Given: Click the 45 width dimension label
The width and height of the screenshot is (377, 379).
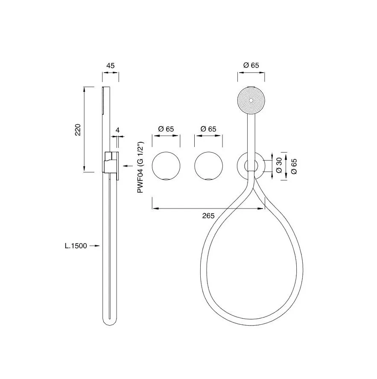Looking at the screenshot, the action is coord(111,65).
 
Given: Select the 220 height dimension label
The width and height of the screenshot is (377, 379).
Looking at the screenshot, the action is coord(78,129).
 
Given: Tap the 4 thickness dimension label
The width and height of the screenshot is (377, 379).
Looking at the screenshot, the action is coord(117,130).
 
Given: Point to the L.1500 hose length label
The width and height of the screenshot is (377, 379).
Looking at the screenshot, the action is coord(76,246).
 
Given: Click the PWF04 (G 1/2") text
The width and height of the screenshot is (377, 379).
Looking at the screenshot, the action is coord(140,167).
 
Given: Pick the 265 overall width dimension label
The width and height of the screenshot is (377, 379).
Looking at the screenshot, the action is coord(208,216).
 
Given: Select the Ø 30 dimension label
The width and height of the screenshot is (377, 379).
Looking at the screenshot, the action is coord(279,165).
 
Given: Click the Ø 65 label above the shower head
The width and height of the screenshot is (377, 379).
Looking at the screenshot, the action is coord(251,65).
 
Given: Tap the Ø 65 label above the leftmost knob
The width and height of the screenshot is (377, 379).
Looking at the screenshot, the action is coord(166,129).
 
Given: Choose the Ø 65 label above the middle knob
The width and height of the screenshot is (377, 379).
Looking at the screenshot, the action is coord(208,129).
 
